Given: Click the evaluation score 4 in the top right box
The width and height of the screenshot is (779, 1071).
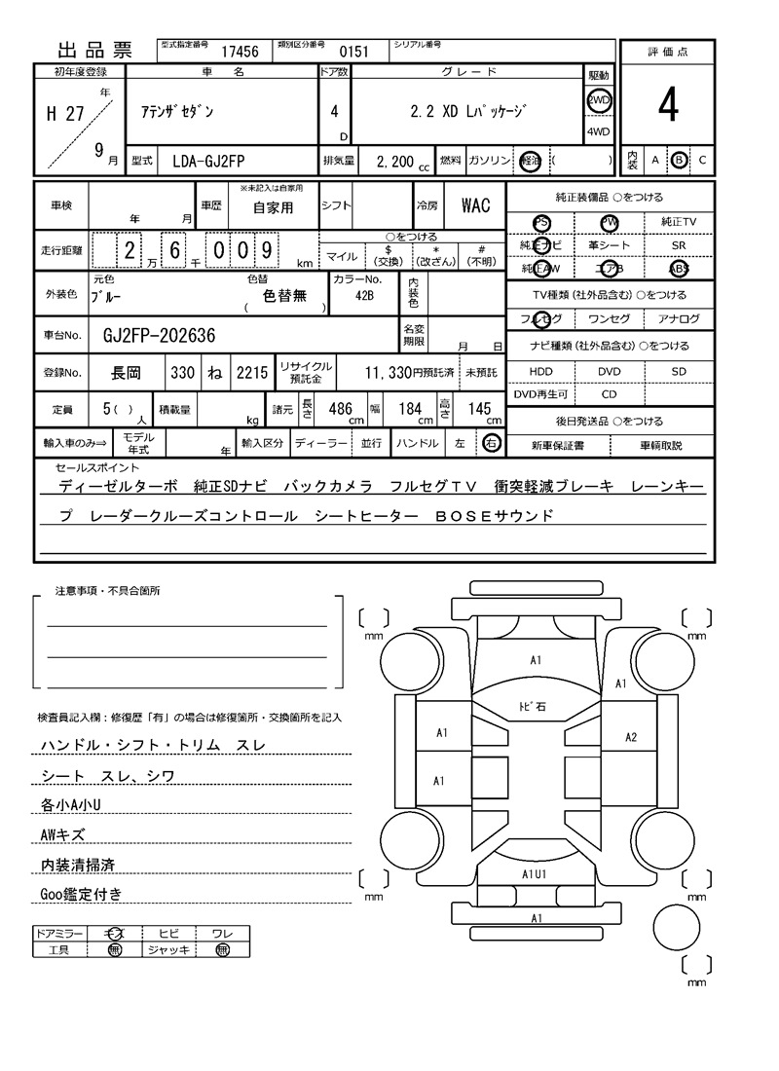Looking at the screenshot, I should pos(667,106).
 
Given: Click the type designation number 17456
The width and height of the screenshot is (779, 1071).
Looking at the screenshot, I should pos(240,52).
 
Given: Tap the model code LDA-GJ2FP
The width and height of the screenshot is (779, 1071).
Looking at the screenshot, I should pos(216,160).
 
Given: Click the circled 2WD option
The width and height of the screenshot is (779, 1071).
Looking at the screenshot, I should pos(598,100).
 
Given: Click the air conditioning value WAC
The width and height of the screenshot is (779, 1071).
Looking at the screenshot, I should pos(475,205).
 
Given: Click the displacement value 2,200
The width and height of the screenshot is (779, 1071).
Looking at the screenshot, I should pos(387,161).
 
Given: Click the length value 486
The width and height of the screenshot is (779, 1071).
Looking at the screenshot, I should pos(340,410).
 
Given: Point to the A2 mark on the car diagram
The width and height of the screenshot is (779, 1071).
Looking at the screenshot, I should pos(630,737).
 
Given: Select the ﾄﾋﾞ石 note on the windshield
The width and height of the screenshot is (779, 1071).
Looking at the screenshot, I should pos(532,706).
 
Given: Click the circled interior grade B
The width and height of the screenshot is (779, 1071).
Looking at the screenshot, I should pos(679,160).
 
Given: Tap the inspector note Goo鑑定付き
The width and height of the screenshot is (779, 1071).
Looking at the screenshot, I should pos(81,894).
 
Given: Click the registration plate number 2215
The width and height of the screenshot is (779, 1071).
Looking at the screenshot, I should pos(250,372).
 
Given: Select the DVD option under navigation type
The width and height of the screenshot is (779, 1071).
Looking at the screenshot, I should pos(609,371).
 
